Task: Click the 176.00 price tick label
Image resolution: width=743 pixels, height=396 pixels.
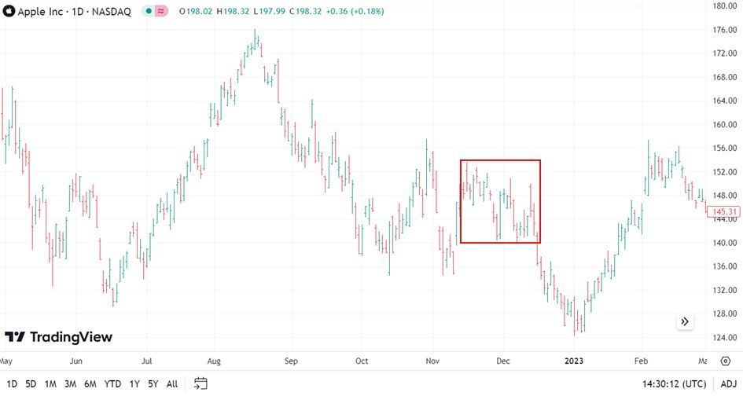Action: tap(723, 30)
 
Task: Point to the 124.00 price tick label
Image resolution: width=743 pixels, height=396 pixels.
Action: tap(723, 338)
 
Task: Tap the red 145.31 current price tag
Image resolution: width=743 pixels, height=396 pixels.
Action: tap(723, 211)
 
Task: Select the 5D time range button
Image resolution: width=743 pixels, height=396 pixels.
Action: tap(31, 384)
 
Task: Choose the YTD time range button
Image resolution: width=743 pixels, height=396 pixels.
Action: tap(112, 384)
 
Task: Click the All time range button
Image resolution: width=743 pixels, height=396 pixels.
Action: tap(172, 384)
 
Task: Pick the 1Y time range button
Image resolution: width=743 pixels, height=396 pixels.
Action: tap(135, 384)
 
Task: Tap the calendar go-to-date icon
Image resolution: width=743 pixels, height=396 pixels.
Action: tap(200, 384)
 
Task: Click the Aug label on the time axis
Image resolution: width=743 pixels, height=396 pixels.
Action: tap(214, 361)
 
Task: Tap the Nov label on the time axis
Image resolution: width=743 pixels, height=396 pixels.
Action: tap(433, 361)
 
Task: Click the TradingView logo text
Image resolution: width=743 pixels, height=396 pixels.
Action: tap(71, 337)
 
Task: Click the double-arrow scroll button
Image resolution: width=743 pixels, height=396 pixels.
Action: tap(685, 321)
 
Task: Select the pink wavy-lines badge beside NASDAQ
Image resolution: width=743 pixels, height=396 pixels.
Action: tap(162, 12)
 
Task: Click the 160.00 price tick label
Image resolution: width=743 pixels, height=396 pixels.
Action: tap(723, 124)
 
